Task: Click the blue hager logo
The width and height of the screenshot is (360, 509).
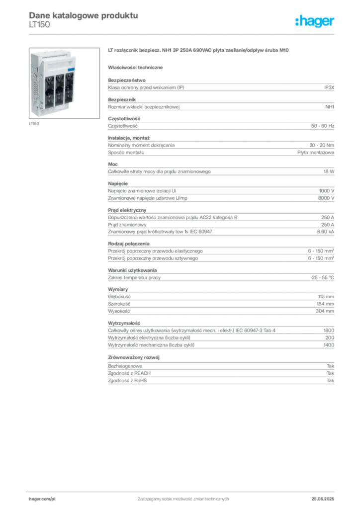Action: pos(315,22)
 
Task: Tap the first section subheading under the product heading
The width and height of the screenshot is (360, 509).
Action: pos(137,67)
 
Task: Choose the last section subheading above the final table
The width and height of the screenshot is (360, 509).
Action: pos(135,357)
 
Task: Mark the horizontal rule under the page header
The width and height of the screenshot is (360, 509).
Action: pos(182,33)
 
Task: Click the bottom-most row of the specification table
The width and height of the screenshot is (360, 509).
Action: pos(220,382)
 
